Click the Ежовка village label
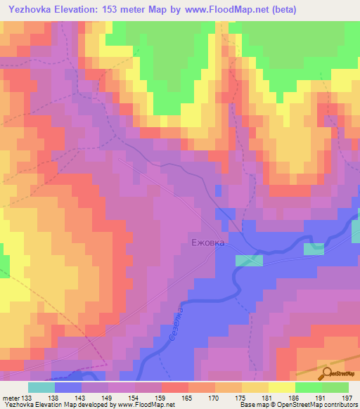coord(208,242)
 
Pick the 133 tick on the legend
coord(27,398)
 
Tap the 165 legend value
coord(187,398)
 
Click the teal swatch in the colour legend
coord(41,387)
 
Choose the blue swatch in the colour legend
coord(67,387)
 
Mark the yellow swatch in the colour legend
coord(281,387)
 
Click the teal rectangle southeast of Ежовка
coord(248,261)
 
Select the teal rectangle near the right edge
coord(314,249)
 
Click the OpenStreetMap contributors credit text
coord(320,405)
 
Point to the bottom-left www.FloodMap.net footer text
coord(145,405)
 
